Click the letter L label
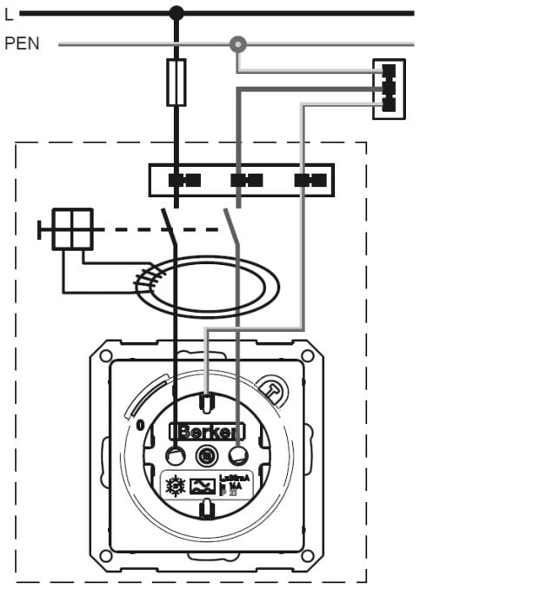pos(9,14)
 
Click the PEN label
pos(23,43)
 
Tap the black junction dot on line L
pos(177,13)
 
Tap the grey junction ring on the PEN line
pos(237,43)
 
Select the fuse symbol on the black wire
pos(177,83)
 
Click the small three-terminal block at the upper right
pos(389,89)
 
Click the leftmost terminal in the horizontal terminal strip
pos(183,181)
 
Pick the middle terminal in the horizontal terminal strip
pos(246,181)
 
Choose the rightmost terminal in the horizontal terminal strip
pos(309,181)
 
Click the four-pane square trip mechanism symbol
pos(72,229)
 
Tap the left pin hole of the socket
pos(176,455)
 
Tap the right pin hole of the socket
pos(237,455)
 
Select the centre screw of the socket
pos(207,454)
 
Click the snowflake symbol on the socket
pos(174,486)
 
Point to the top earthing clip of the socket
pos(207,402)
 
